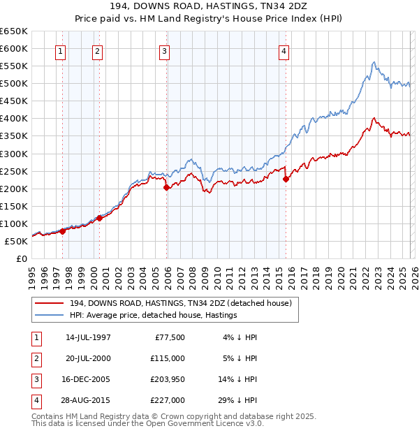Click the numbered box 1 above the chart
click(x=61, y=50)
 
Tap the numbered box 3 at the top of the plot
click(x=164, y=50)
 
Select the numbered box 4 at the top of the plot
click(x=284, y=50)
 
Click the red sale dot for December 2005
click(x=166, y=187)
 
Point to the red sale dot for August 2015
click(x=286, y=179)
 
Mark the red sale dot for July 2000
click(x=99, y=219)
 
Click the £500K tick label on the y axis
click(x=13, y=84)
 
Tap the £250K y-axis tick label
click(x=13, y=171)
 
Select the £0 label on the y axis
click(x=21, y=258)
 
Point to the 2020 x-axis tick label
click(x=340, y=275)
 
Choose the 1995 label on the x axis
click(x=32, y=275)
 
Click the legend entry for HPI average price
click(x=153, y=315)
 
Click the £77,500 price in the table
click(x=167, y=337)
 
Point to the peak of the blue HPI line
click(x=374, y=62)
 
